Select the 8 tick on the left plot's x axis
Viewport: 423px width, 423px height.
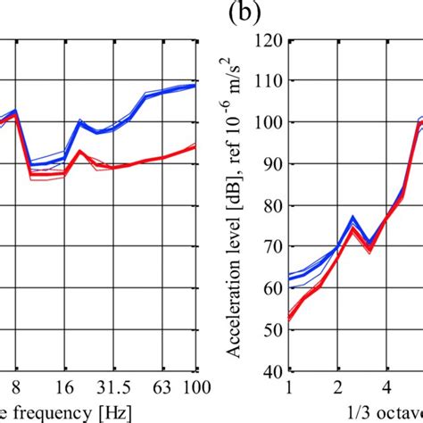coord(12,386)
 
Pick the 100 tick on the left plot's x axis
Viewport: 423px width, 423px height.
coord(196,386)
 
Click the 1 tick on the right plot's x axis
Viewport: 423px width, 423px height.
coord(289,386)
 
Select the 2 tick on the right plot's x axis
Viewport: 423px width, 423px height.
coord(337,386)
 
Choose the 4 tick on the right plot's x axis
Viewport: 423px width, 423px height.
coord(386,386)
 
